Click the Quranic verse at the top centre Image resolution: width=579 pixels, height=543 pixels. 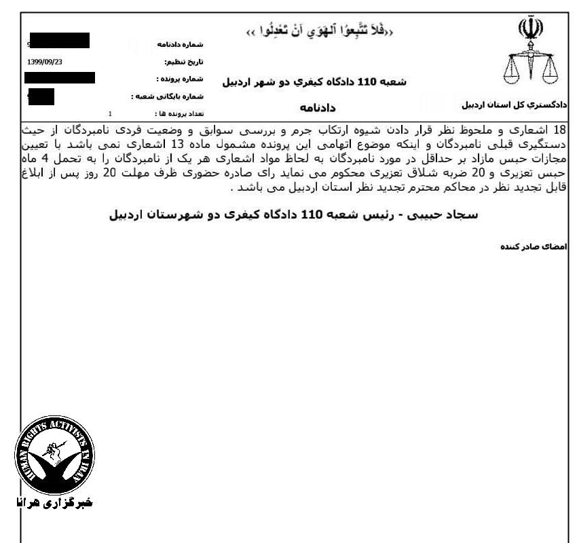click(319, 32)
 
